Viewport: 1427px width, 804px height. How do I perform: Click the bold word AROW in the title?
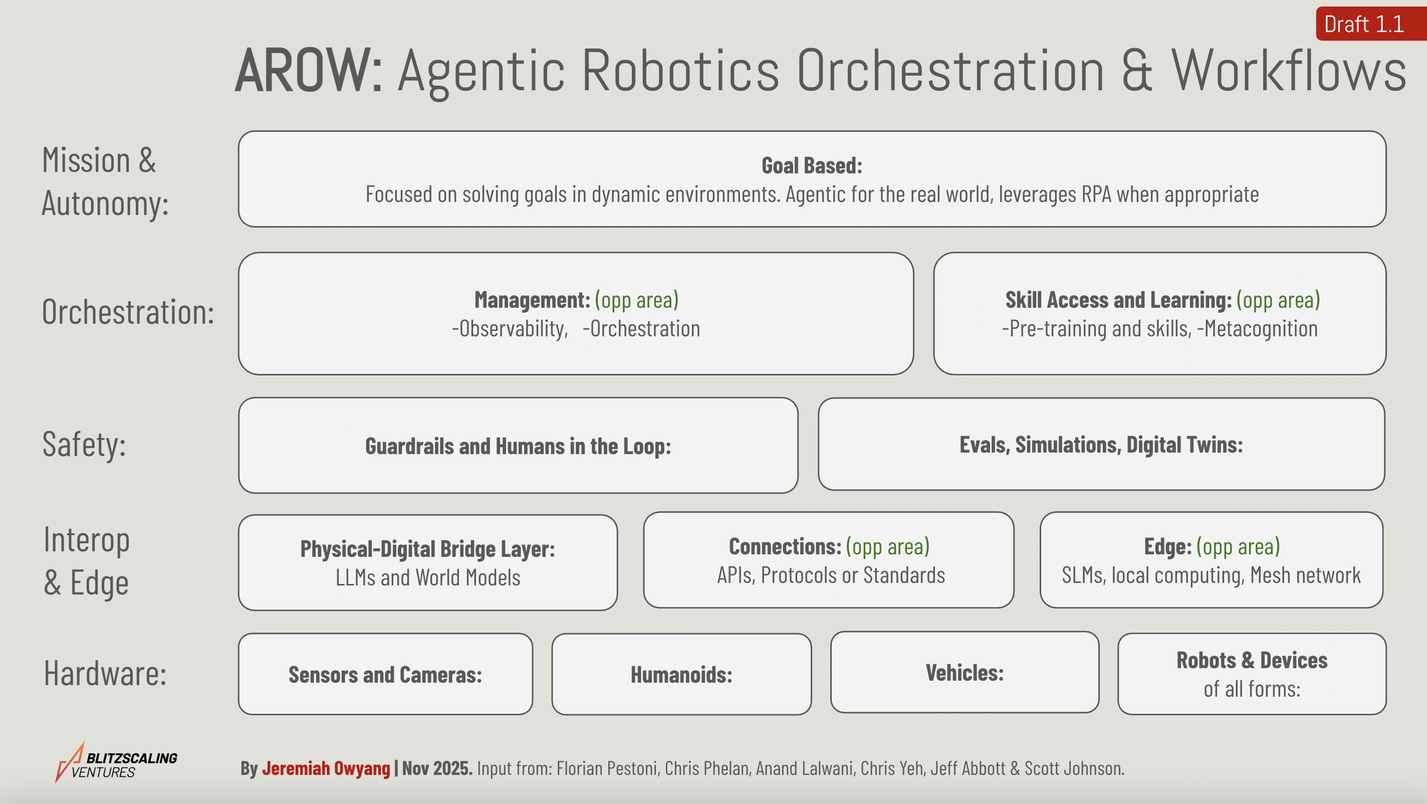(308, 71)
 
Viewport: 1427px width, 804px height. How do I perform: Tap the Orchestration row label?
(128, 312)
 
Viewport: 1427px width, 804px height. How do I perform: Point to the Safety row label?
(84, 445)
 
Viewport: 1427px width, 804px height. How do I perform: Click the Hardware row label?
(105, 674)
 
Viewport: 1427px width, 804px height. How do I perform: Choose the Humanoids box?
(681, 674)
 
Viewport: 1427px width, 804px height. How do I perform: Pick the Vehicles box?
(965, 673)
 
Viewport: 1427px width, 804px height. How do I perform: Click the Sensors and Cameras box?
(385, 674)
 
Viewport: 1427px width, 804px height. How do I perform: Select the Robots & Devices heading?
(1252, 661)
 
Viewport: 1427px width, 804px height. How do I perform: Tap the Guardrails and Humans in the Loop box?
(518, 446)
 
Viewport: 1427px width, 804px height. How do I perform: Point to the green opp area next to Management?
(636, 300)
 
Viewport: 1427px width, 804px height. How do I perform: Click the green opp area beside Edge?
(1238, 546)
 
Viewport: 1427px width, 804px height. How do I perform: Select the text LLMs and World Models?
(428, 578)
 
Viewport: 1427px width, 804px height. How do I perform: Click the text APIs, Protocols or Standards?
(831, 575)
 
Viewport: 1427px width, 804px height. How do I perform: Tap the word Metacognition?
(1261, 329)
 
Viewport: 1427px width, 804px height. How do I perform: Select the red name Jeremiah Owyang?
(326, 768)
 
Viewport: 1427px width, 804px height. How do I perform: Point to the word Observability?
(511, 329)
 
